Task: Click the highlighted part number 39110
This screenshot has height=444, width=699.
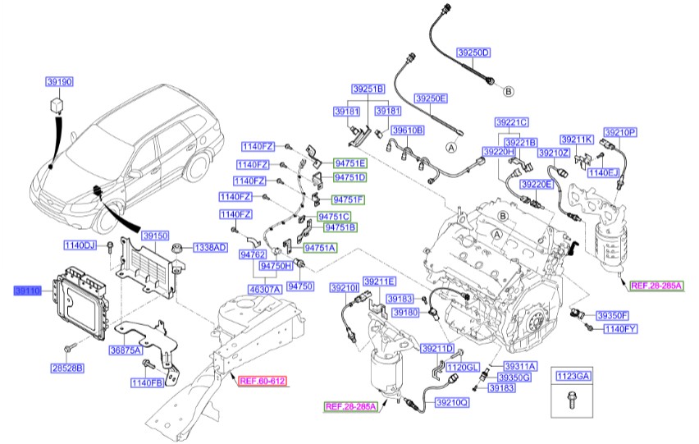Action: click(x=30, y=291)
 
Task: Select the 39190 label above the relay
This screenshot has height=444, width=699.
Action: click(x=59, y=81)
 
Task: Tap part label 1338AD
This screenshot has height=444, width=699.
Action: click(x=210, y=247)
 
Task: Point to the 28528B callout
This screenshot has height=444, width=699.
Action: click(x=68, y=368)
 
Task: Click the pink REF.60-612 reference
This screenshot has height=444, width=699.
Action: click(x=263, y=381)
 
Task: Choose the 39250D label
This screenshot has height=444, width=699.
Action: click(x=473, y=53)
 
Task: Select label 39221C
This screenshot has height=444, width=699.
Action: click(x=511, y=121)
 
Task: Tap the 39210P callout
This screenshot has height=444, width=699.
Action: click(x=621, y=131)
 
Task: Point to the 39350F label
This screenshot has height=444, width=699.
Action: click(x=612, y=315)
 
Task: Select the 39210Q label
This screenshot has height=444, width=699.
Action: click(x=452, y=402)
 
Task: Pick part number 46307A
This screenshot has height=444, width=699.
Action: click(x=264, y=289)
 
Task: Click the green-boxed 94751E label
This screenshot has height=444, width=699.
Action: click(x=350, y=163)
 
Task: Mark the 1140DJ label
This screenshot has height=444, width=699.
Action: click(x=80, y=245)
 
